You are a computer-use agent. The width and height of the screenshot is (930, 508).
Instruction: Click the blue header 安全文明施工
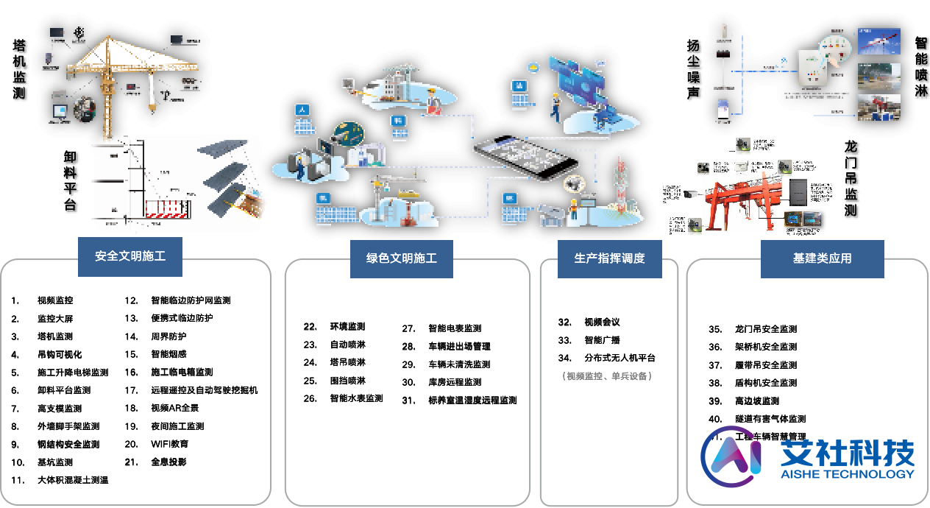point(130,257)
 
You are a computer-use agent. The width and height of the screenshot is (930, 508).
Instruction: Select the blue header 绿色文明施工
point(401,258)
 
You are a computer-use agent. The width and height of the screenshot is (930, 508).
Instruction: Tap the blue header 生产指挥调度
point(609,258)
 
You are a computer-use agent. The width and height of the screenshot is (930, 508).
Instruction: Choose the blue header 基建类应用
point(822,258)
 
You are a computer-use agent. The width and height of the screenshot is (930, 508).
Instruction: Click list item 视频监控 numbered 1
point(55,300)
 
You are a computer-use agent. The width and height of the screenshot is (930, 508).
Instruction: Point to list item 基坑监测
point(55,462)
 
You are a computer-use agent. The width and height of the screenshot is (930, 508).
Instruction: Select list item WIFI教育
point(169,444)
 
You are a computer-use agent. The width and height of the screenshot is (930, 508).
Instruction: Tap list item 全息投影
point(168,462)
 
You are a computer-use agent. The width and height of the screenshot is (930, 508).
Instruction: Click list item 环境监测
point(347,326)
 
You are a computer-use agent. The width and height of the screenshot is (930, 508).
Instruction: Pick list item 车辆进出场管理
point(459,346)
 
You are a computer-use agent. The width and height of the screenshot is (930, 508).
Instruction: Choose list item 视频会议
point(602,322)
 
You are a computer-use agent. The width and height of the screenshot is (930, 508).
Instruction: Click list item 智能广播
point(602,340)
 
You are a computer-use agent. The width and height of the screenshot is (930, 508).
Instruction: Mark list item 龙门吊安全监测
point(765,329)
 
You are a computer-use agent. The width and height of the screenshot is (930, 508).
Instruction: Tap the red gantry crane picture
point(736,199)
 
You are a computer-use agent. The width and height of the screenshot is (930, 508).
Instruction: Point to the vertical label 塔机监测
point(19,70)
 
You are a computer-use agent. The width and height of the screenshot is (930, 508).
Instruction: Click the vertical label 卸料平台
point(71,180)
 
